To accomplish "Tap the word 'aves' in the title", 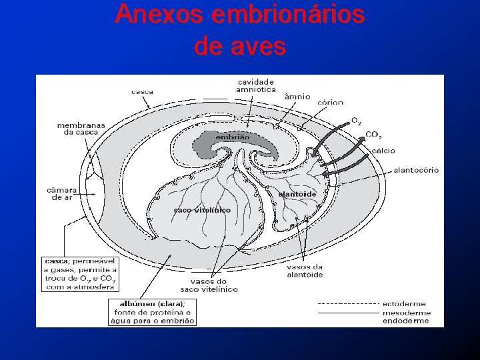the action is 262,46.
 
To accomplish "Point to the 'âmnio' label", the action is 297,96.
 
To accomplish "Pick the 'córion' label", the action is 331,102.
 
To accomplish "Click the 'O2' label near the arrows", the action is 357,121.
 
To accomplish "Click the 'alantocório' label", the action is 416,169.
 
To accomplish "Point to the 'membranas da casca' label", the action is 77,128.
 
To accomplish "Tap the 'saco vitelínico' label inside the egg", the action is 202,210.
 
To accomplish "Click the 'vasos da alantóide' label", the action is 305,269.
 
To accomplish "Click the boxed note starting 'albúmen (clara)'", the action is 152,311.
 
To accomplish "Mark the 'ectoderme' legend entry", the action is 406,305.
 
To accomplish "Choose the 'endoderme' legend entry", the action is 406,321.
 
